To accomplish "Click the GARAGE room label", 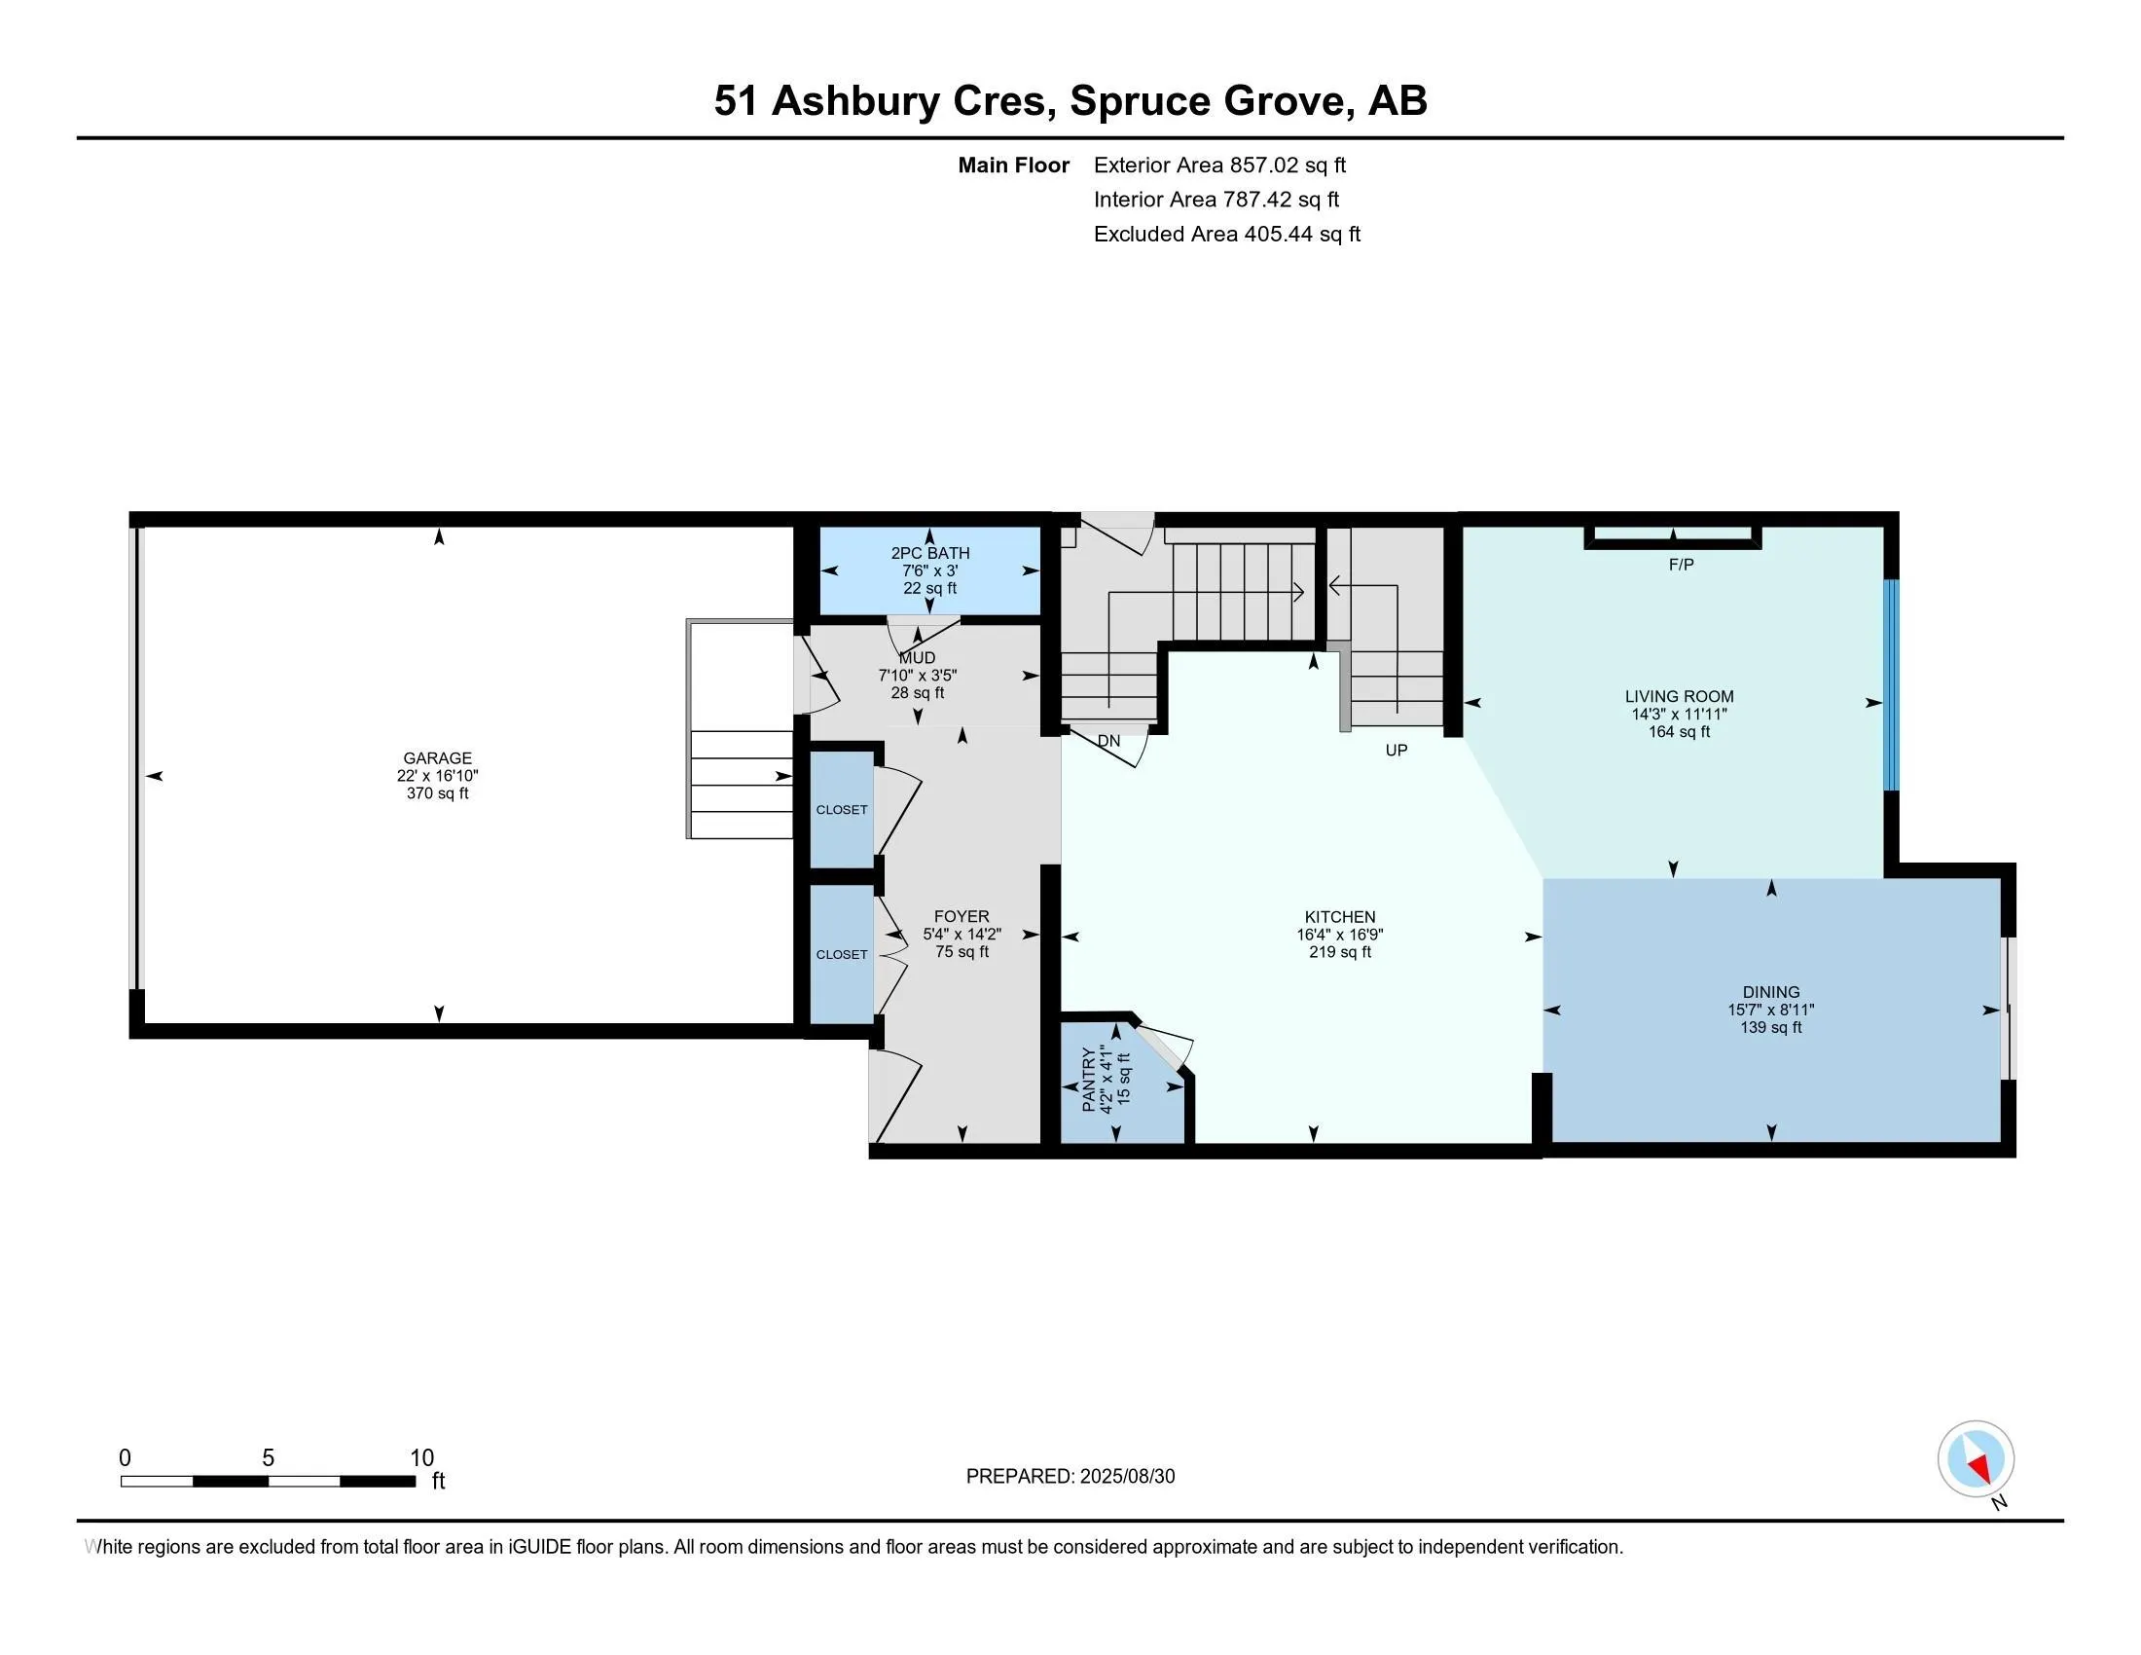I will tap(437, 757).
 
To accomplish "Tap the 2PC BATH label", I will tap(929, 553).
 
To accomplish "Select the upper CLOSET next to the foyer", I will tap(841, 810).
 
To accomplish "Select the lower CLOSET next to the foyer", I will tap(841, 954).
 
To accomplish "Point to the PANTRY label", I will tap(1088, 1080).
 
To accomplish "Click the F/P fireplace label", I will tap(1682, 565).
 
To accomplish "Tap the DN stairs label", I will tap(1108, 741).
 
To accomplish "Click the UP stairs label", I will tap(1396, 750).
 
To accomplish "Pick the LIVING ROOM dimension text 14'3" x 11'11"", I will tap(1680, 714).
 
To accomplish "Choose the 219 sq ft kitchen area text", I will tap(1339, 952).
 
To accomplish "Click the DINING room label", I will tap(1770, 992).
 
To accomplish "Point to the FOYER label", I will tap(961, 917).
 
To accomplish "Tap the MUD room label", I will tap(918, 658).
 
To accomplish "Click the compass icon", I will tap(1976, 1459).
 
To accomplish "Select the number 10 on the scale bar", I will tap(421, 1458).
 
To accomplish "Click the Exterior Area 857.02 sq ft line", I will tap(1219, 165).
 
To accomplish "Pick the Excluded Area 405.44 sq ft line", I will tap(1226, 234).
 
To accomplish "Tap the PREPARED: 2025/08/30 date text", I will tap(1070, 1477).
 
